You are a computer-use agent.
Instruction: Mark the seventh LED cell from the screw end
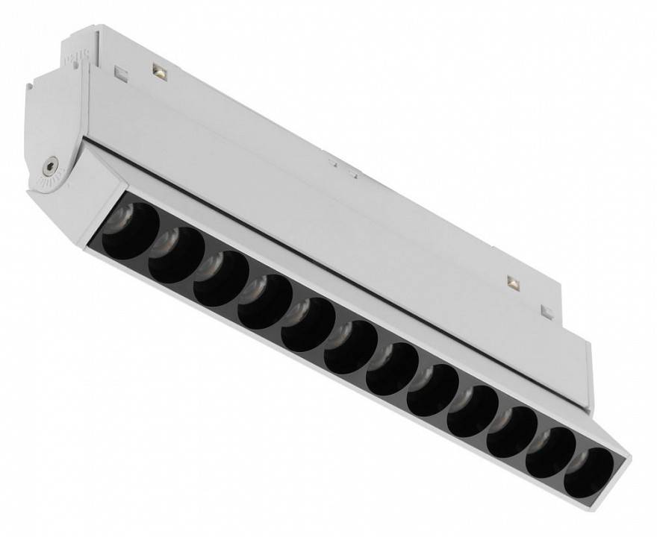pos(392,368)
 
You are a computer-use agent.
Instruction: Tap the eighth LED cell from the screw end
pos(432,389)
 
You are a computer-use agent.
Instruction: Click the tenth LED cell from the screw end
pos(512,432)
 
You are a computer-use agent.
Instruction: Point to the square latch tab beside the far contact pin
pos(547,311)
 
